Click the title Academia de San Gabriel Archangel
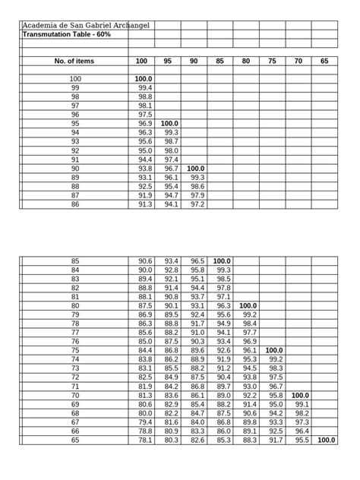tap(86, 26)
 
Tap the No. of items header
tap(74, 61)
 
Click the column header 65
tap(324, 61)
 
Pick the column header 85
tap(219, 61)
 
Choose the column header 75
tap(272, 61)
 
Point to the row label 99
tap(75, 88)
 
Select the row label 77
tap(75, 332)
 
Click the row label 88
tap(75, 186)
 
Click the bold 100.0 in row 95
tap(169, 123)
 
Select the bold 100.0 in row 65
tap(327, 440)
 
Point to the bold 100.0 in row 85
tap(222, 261)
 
